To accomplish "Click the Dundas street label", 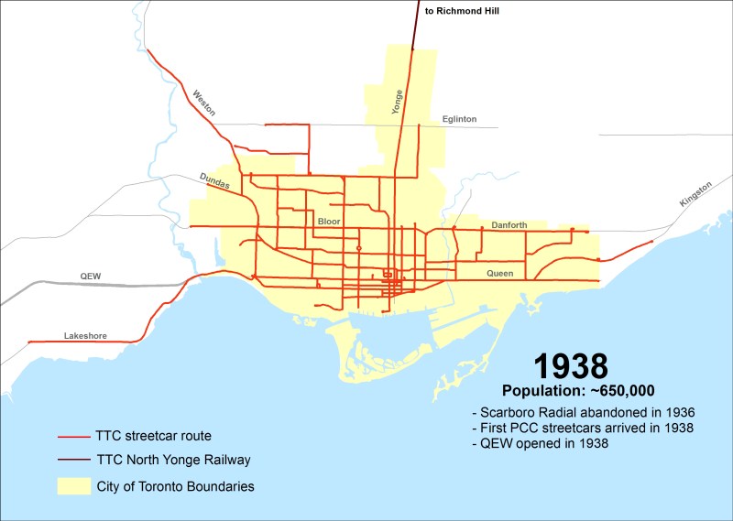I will point(214,182).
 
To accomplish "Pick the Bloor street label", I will point(328,222).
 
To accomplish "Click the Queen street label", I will point(501,273).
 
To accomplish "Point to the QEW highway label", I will point(92,276).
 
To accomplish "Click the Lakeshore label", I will point(85,336).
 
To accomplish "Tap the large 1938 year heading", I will point(570,366).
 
